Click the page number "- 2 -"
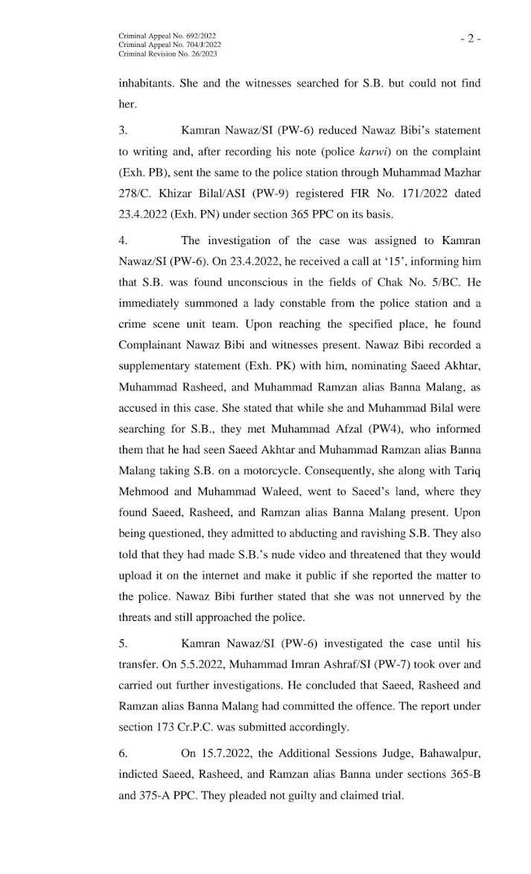point(470,39)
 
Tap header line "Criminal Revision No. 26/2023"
point(168,54)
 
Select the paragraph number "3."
point(123,130)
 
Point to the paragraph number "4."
point(123,240)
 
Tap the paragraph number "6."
point(123,753)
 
